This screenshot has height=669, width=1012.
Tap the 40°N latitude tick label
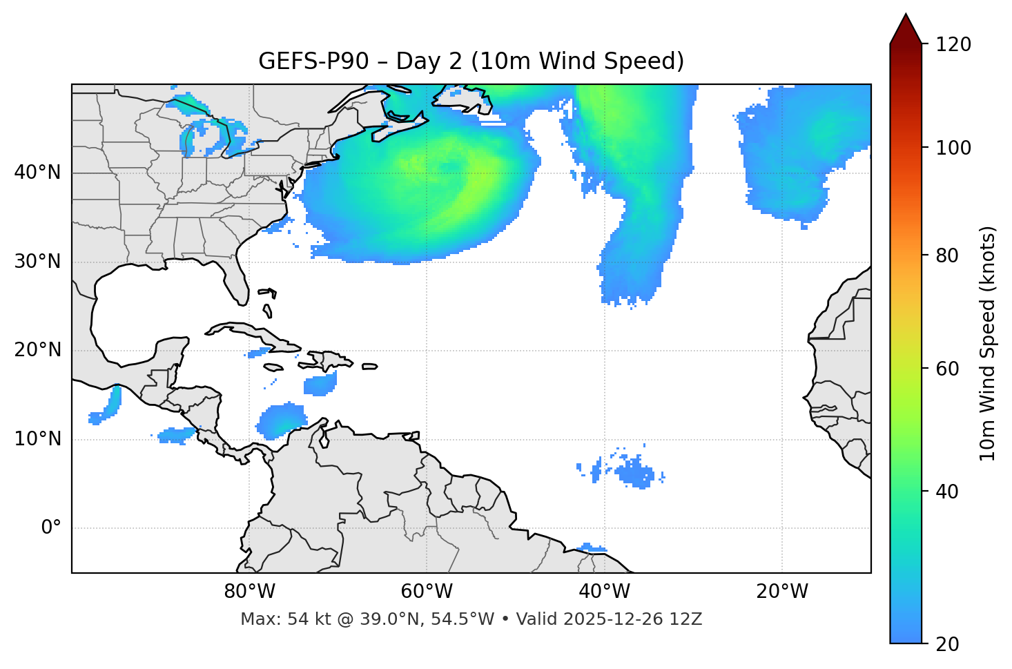[37, 173]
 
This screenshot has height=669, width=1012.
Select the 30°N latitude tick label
[37, 262]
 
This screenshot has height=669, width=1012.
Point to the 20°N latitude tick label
[37, 350]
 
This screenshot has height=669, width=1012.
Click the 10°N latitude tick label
[37, 439]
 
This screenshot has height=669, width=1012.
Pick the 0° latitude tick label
[51, 528]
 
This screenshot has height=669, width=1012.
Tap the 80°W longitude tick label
[249, 592]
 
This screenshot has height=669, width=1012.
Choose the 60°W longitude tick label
[427, 592]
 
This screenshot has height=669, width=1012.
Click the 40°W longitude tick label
[605, 592]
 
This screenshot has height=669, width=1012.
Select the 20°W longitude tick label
[782, 592]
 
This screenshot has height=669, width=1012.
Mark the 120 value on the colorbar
[953, 45]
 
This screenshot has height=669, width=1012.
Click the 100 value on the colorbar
[953, 148]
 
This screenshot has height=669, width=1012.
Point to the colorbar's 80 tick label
[948, 255]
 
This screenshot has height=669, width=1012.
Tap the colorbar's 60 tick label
[948, 369]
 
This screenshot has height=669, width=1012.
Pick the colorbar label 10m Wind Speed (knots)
[988, 343]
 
